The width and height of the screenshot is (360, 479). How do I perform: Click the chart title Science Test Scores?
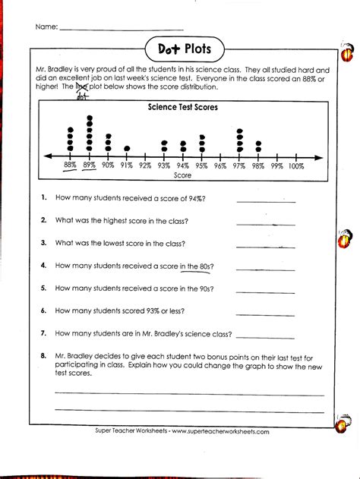[x=183, y=108]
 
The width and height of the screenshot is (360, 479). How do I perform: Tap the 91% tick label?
[x=127, y=165]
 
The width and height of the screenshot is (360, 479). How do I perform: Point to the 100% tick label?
[x=296, y=165]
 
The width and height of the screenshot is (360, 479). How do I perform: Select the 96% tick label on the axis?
[x=221, y=165]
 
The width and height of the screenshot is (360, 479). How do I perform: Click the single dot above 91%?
[x=127, y=148]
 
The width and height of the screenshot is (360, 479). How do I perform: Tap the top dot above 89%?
[x=90, y=118]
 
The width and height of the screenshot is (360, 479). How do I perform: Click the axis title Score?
[x=183, y=175]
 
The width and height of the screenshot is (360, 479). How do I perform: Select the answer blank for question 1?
[x=265, y=200]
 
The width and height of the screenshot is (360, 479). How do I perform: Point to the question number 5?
[x=45, y=288]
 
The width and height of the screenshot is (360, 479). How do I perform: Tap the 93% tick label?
[x=165, y=165]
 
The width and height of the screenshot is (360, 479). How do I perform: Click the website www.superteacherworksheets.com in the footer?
[x=220, y=431]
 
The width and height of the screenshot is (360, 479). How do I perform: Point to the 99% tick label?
[x=276, y=165]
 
